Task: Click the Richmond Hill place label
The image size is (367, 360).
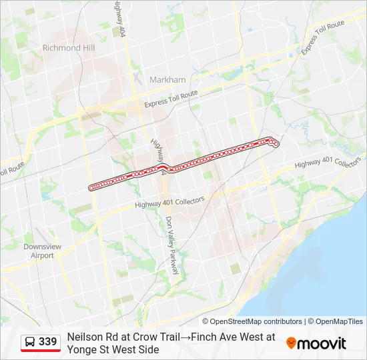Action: point(69,48)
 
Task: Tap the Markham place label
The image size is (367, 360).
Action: point(167,80)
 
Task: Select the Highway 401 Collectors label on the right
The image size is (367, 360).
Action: point(328,163)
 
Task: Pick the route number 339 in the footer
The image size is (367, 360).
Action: point(48,342)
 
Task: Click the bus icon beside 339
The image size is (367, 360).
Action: point(31,342)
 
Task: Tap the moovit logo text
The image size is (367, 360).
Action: point(322,343)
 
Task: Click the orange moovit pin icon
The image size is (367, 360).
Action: point(291,343)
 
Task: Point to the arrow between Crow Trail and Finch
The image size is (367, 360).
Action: point(185,337)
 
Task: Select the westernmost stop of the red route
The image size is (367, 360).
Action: point(91,188)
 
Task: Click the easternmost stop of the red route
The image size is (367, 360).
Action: point(276,144)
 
